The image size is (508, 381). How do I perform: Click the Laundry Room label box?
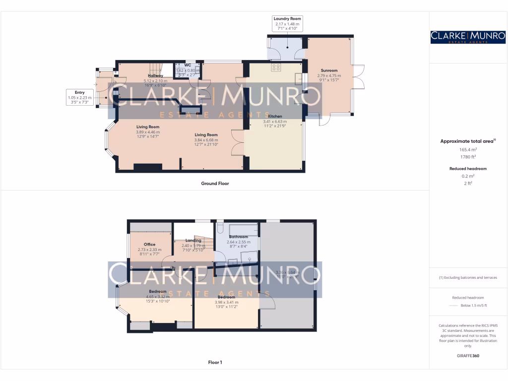pyautogui.click(x=287, y=24)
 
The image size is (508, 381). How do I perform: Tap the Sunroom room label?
pyautogui.click(x=329, y=70)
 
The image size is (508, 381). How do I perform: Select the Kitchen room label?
pyautogui.click(x=275, y=116)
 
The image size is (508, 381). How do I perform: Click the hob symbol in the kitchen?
pyautogui.click(x=276, y=67)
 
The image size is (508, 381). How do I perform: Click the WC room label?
pyautogui.click(x=188, y=65)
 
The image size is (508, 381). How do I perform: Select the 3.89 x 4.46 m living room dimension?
pyautogui.click(x=148, y=132)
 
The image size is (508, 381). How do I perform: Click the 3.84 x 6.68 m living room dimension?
pyautogui.click(x=206, y=140)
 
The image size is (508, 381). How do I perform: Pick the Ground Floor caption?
pyautogui.click(x=215, y=184)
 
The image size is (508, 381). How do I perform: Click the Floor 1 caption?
pyautogui.click(x=215, y=363)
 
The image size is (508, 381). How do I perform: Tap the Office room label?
pyautogui.click(x=150, y=244)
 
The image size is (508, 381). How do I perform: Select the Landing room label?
pyautogui.click(x=193, y=241)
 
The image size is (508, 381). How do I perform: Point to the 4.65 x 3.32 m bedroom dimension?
pyautogui.click(x=158, y=297)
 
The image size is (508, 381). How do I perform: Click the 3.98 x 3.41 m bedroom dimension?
pyautogui.click(x=226, y=302)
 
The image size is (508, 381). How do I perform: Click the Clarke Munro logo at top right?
pyautogui.click(x=468, y=37)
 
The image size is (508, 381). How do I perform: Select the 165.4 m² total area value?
pyautogui.click(x=468, y=149)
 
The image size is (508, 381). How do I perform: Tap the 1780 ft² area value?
pyautogui.click(x=468, y=157)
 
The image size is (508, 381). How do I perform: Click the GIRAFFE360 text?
pyautogui.click(x=468, y=356)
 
